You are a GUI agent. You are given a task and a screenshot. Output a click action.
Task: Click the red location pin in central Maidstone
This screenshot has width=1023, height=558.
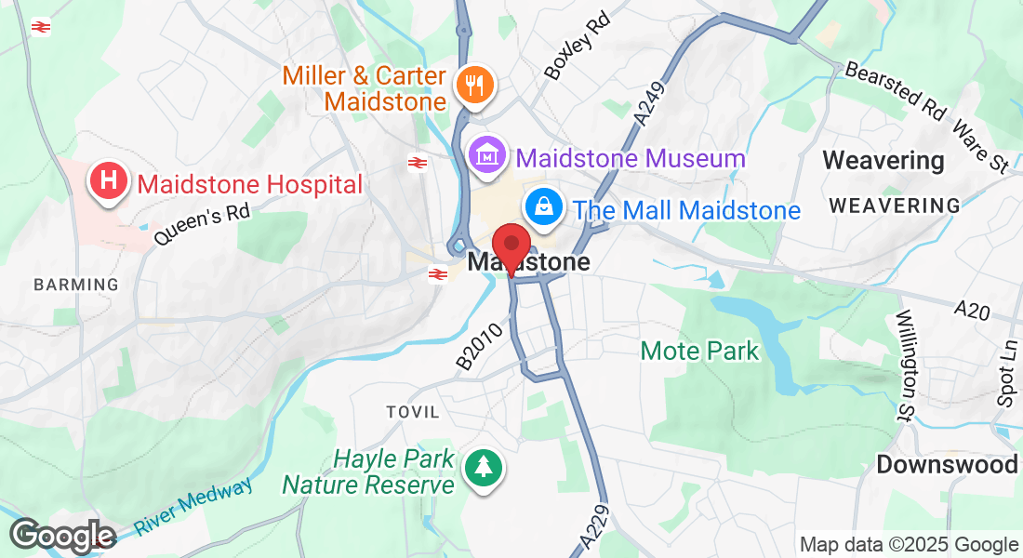click(x=511, y=247)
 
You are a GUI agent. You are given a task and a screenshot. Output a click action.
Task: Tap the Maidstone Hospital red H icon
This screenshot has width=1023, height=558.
click(x=109, y=179)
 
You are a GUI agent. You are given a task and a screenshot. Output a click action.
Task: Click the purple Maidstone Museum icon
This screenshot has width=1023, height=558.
click(x=487, y=156)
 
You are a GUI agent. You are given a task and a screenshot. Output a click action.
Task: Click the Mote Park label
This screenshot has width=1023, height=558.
click(x=699, y=352)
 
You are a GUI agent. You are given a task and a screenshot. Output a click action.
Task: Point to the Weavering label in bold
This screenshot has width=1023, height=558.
click(x=883, y=161)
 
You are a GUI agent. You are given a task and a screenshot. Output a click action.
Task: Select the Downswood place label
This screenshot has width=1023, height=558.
click(x=947, y=464)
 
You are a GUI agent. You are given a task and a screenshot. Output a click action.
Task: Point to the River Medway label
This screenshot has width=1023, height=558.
click(x=193, y=507)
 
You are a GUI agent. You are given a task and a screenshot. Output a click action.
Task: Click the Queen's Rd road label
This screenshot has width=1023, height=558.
click(x=202, y=225)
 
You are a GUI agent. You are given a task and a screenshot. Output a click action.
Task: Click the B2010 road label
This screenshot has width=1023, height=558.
click(x=485, y=344)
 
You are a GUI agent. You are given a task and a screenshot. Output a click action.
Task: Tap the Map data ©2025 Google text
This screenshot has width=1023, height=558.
click(x=909, y=545)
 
